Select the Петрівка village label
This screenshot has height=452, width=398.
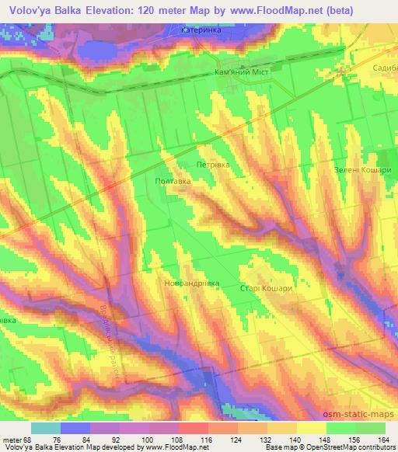211,165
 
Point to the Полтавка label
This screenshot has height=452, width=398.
173,180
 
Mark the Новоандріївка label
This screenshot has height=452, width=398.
192,283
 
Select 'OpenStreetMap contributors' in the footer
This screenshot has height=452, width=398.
343,447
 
